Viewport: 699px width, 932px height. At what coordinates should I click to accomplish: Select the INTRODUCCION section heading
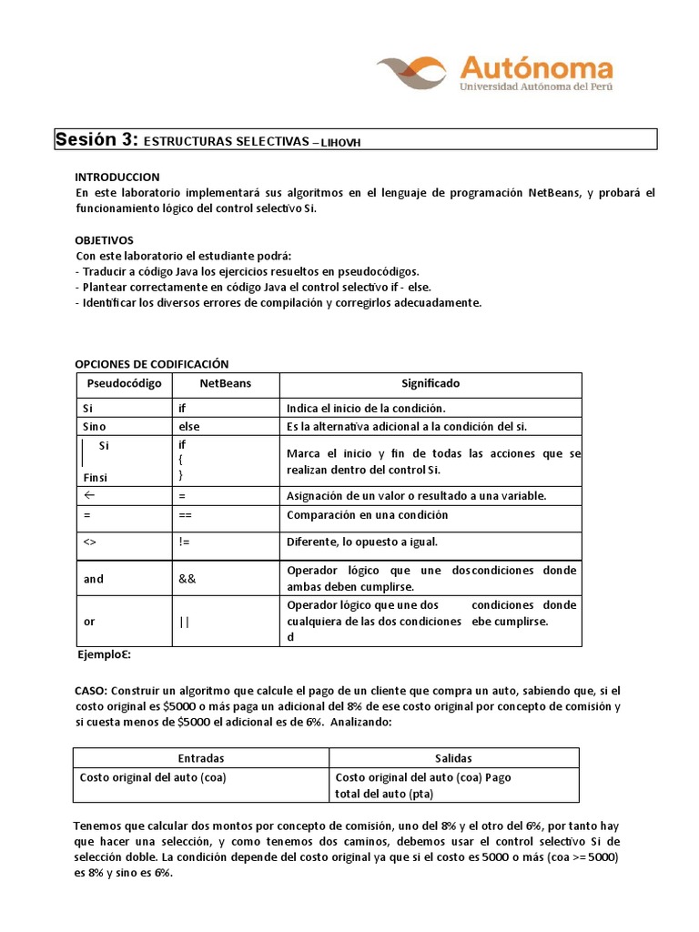[116, 177]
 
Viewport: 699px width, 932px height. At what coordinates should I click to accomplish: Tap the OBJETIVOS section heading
[104, 239]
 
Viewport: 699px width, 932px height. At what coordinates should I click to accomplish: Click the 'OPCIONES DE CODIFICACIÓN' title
[151, 363]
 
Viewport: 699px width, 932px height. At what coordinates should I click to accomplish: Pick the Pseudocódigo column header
[123, 384]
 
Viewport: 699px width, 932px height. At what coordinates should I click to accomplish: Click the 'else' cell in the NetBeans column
[189, 426]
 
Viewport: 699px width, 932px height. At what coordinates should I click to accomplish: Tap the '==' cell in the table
[187, 515]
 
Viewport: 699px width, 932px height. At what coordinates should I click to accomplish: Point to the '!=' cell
[185, 542]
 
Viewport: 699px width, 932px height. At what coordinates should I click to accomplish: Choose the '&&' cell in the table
[187, 579]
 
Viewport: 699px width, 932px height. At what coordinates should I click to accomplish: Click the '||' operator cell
[185, 621]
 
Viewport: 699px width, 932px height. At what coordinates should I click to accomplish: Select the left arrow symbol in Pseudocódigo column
[89, 495]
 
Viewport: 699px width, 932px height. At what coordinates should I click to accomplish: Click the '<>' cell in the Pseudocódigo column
[89, 542]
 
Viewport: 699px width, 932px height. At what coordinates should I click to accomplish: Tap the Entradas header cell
[201, 758]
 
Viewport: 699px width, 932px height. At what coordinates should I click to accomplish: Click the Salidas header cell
[453, 758]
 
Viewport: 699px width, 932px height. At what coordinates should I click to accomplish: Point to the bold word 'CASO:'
[91, 692]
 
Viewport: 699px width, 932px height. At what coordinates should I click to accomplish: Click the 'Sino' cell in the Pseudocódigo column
[95, 426]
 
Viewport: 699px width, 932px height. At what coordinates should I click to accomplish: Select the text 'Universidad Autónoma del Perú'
[536, 86]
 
